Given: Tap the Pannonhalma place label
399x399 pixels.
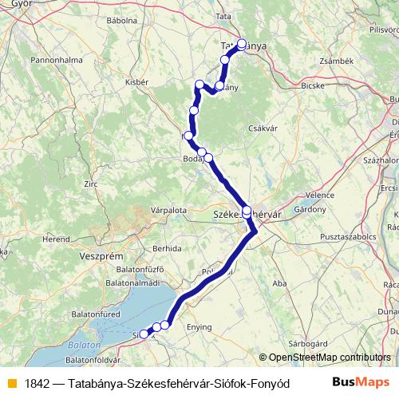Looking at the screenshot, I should coord(52,60).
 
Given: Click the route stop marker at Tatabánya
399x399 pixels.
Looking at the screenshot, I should coord(242,45).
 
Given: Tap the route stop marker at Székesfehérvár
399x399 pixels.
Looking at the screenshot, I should coord(247,211).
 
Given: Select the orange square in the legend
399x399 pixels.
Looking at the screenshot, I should coord(10,381).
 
